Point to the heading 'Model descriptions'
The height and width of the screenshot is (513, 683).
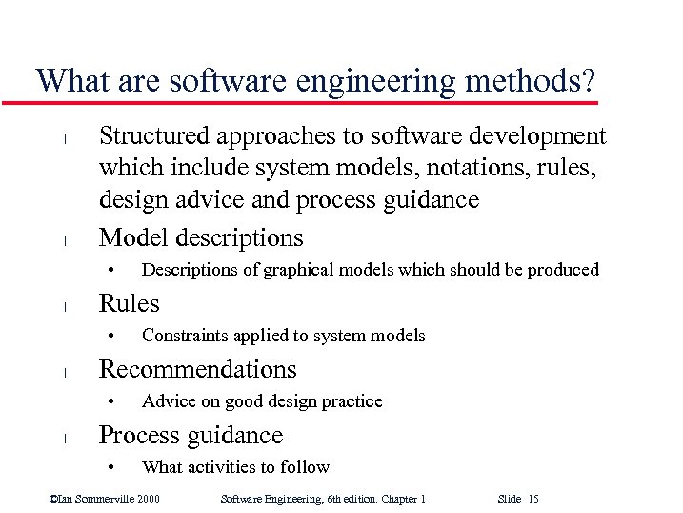(201, 237)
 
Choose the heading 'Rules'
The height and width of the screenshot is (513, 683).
(130, 303)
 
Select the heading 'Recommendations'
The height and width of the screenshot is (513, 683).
(198, 369)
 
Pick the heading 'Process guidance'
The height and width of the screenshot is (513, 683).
(191, 435)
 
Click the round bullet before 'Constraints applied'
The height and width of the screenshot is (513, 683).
(111, 336)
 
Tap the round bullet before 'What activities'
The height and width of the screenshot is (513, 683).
(111, 467)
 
